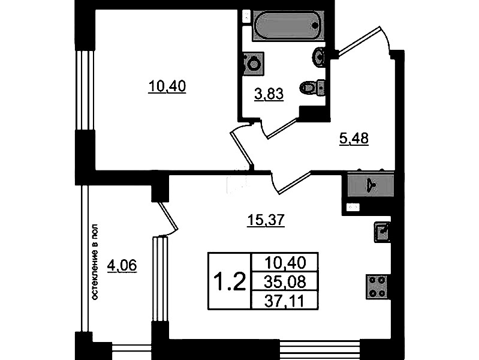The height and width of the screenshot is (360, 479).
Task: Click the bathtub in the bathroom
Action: point(288,25)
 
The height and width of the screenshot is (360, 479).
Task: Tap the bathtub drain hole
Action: point(315,26)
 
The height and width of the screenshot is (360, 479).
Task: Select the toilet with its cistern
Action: point(312,87)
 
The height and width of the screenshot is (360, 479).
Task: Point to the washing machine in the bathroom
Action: point(253,64)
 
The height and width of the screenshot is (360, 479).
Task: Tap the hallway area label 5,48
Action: point(354,139)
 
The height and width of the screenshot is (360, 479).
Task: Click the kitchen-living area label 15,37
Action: point(266,220)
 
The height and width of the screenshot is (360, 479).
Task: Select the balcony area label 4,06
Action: point(122,265)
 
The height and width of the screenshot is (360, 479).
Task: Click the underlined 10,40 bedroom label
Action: point(167,86)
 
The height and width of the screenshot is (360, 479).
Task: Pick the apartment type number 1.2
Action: point(230,281)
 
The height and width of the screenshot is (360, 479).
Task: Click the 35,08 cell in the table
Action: point(285,281)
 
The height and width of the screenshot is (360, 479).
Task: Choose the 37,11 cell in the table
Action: point(285,300)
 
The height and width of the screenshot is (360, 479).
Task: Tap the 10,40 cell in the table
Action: point(285,262)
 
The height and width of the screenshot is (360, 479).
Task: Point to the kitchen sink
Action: point(382,232)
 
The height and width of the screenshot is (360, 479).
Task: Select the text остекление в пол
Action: point(95,262)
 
